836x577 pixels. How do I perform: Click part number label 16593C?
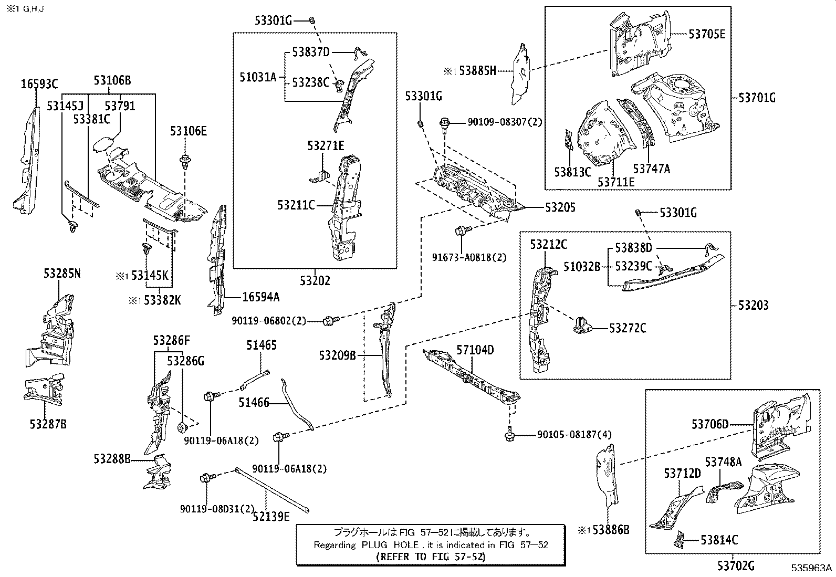(x=39, y=83)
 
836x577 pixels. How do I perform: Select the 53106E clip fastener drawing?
(x=185, y=161)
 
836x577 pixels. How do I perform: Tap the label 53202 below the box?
(x=315, y=281)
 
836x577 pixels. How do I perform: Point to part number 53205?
(x=560, y=207)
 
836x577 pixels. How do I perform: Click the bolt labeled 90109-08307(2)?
(x=444, y=124)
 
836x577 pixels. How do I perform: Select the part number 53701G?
(x=757, y=97)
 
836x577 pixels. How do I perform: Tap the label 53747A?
(x=651, y=169)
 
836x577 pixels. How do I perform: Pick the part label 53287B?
(x=48, y=424)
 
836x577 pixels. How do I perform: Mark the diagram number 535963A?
(x=812, y=568)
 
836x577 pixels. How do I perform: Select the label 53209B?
(x=337, y=355)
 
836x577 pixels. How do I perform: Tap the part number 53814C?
(x=719, y=540)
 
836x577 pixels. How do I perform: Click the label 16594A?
(x=260, y=297)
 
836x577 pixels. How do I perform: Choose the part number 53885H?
(x=477, y=71)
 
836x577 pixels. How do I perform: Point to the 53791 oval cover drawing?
(x=103, y=144)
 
